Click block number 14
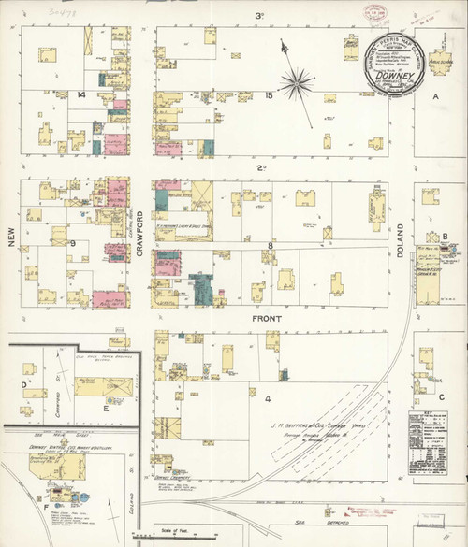pyautogui.click(x=82, y=95)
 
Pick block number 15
pyautogui.click(x=269, y=95)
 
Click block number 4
pyautogui.click(x=268, y=399)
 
